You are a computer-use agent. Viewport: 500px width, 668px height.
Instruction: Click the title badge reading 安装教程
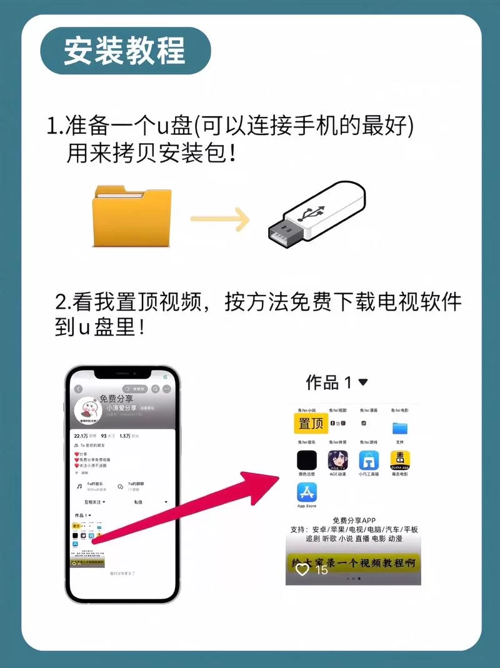(x=125, y=51)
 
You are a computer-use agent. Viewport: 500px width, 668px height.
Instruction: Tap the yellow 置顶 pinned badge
(x=311, y=423)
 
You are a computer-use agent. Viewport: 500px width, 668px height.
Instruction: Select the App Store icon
(x=307, y=492)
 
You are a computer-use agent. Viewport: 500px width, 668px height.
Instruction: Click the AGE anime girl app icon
(x=338, y=461)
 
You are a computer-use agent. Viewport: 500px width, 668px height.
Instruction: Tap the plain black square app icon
(x=307, y=461)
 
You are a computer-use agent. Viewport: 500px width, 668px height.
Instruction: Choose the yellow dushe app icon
(x=400, y=461)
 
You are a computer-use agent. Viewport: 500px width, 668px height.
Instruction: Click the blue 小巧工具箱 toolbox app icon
(x=369, y=461)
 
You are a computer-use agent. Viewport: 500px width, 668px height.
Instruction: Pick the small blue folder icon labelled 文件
(x=400, y=428)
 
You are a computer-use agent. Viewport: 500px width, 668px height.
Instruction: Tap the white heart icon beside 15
(x=302, y=569)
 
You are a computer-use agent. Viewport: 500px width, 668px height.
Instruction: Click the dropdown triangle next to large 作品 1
(x=362, y=382)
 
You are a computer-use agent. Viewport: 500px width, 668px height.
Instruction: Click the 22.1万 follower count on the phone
(x=81, y=436)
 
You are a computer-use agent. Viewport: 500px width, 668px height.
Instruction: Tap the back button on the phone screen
(x=78, y=389)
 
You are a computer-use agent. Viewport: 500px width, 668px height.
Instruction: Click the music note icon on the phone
(x=79, y=486)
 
